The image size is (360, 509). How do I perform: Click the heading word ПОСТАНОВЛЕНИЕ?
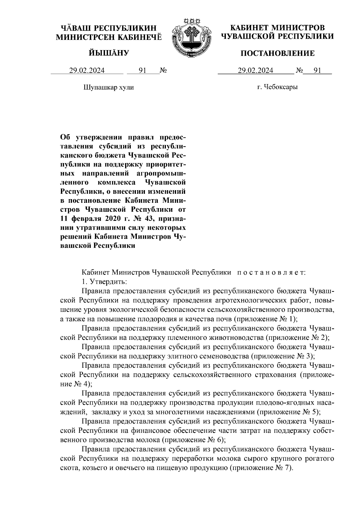(278, 53)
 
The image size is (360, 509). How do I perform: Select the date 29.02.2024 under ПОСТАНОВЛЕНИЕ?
(256, 71)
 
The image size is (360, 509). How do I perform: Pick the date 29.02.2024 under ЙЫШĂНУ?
(87, 71)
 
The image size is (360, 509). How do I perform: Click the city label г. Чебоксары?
(277, 88)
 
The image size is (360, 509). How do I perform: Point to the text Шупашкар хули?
(108, 88)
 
